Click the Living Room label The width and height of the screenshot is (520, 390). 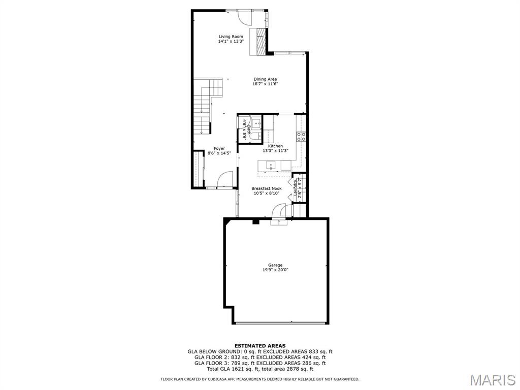click(x=231, y=37)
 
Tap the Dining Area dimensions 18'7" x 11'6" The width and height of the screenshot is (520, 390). click(x=265, y=84)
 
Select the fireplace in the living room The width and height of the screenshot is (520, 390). click(x=261, y=41)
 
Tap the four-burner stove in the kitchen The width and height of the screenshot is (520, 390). click(x=301, y=136)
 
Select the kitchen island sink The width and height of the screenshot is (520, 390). click(x=271, y=165)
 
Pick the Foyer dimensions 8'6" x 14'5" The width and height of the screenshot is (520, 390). click(x=219, y=153)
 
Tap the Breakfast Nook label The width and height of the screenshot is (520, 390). click(x=266, y=188)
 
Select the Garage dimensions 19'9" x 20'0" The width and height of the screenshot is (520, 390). click(x=275, y=270)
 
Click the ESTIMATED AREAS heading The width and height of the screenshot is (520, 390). click(x=259, y=346)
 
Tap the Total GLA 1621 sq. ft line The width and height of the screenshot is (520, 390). click(x=259, y=369)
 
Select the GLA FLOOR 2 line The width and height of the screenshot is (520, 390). click(x=259, y=357)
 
